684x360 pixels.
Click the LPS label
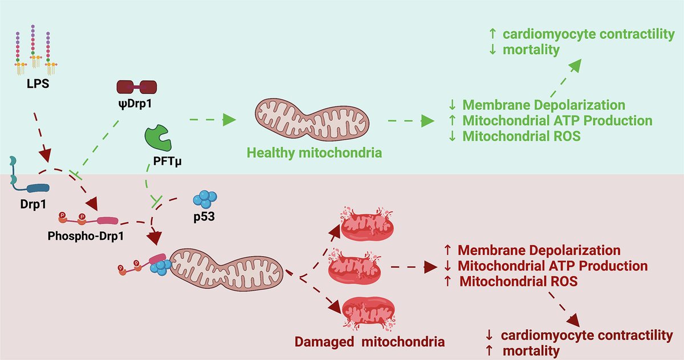tap(38, 84)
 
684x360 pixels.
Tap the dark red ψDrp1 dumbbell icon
tap(137, 87)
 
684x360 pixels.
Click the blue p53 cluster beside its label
tap(205, 199)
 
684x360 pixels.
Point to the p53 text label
tap(204, 217)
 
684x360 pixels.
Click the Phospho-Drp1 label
tap(85, 236)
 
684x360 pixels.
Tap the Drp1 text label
tap(33, 204)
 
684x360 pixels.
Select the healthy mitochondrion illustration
tap(312, 120)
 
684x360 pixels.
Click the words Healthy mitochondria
tap(314, 153)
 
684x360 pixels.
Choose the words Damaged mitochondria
tap(369, 342)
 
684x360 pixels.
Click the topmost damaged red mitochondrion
tap(367, 225)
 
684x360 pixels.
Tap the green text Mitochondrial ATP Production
tap(557, 121)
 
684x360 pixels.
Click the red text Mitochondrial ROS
tap(519, 281)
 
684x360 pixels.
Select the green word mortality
tap(531, 50)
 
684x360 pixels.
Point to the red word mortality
tap(531, 351)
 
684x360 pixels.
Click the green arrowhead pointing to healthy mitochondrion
tap(229, 120)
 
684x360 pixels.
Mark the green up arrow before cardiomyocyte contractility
tap(492, 34)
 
